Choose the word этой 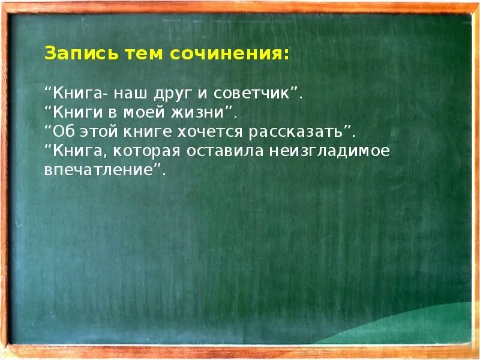point(96,132)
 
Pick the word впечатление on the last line point(100,170)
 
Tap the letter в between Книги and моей point(115,113)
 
